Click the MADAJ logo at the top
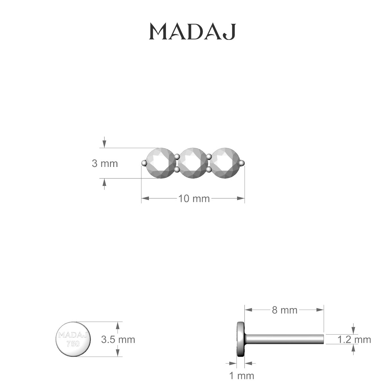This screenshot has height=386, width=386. tap(193, 32)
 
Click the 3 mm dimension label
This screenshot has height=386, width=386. tap(105, 163)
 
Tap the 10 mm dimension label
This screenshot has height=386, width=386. tap(194, 199)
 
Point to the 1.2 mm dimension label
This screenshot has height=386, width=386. tap(354, 339)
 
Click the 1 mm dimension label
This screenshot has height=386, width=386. tap(241, 375)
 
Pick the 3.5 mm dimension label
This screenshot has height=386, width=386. tap(118, 339)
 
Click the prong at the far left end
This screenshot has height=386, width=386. tap(144, 163)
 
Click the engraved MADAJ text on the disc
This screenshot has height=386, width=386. tap(73, 335)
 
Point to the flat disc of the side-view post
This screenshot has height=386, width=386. tap(240, 339)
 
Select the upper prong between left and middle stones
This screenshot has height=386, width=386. tap(177, 157)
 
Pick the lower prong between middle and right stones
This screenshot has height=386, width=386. tap(209, 169)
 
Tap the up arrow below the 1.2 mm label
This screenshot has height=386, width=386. tap(354, 348)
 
